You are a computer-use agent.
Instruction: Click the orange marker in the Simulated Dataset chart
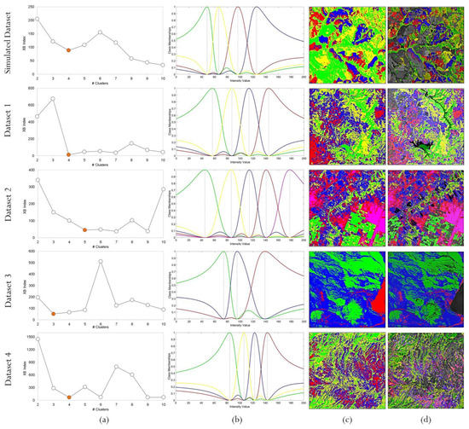tap(68, 50)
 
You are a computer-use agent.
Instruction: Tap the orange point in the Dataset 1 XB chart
tap(68, 154)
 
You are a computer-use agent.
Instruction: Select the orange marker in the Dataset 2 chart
tap(84, 230)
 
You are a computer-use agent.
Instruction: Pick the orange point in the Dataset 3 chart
tap(53, 314)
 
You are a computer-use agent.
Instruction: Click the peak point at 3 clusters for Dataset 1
tap(53, 99)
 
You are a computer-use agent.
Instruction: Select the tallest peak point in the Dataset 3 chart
tap(100, 262)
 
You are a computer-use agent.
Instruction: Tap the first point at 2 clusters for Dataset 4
tap(38, 339)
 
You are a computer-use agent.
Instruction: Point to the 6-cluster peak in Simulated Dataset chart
tap(100, 32)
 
